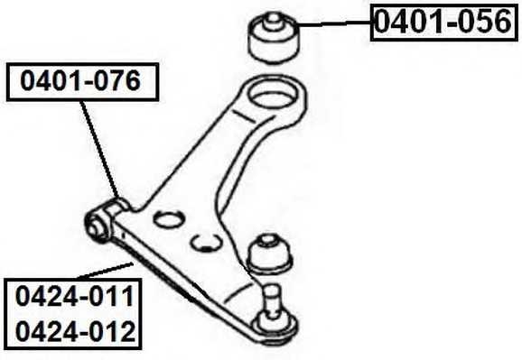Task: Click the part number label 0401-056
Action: [443, 23]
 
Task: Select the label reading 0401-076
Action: [82, 83]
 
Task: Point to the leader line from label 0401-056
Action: [334, 25]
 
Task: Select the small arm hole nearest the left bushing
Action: [166, 218]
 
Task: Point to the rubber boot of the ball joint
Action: [270, 252]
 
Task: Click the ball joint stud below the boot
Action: [272, 292]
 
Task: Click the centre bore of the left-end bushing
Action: [94, 226]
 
